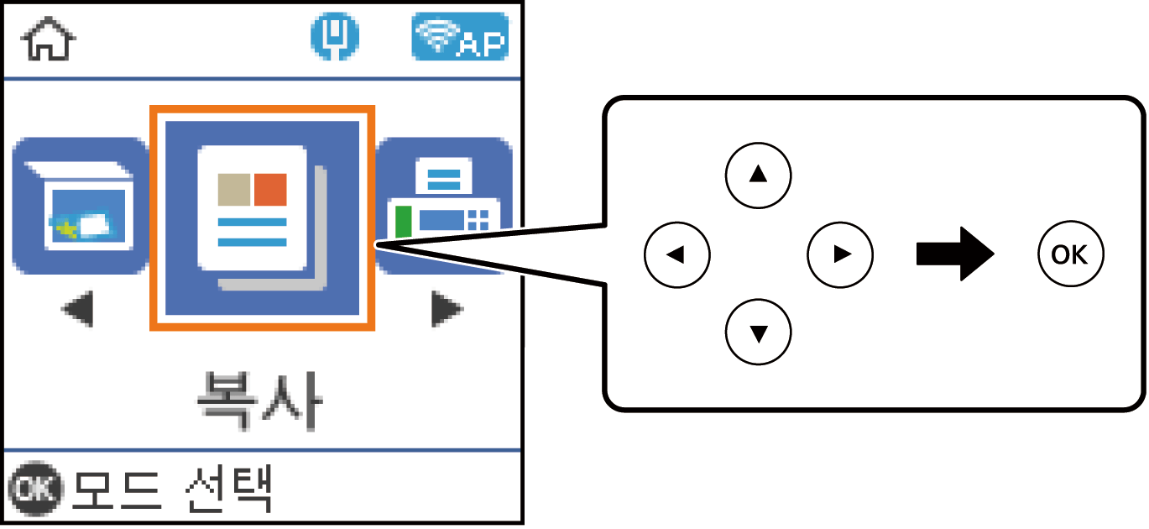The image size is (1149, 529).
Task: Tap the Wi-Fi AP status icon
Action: coord(460,39)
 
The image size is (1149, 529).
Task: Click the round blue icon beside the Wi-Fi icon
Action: coord(335,39)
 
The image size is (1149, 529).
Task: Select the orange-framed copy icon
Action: coord(262,217)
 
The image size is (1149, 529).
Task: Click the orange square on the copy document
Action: coord(270,190)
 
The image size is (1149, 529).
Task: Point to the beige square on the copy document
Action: coord(233,190)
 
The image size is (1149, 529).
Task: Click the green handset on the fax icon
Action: coord(403,222)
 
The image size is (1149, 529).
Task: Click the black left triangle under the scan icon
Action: coord(78,312)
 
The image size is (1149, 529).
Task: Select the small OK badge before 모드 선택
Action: coord(34,490)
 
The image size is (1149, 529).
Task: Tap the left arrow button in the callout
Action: coord(676,254)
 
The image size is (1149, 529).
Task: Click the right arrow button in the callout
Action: coord(840,254)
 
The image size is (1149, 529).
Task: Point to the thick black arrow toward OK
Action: coord(955,253)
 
